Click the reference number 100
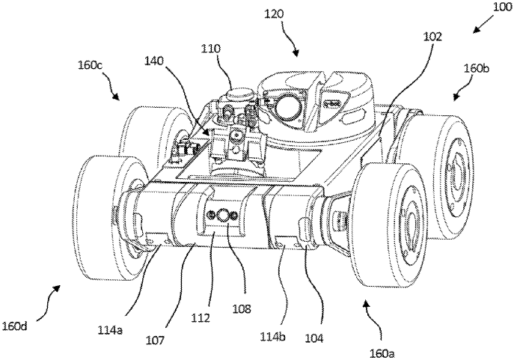[499, 7]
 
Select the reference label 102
[411, 35]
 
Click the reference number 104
[313, 337]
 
